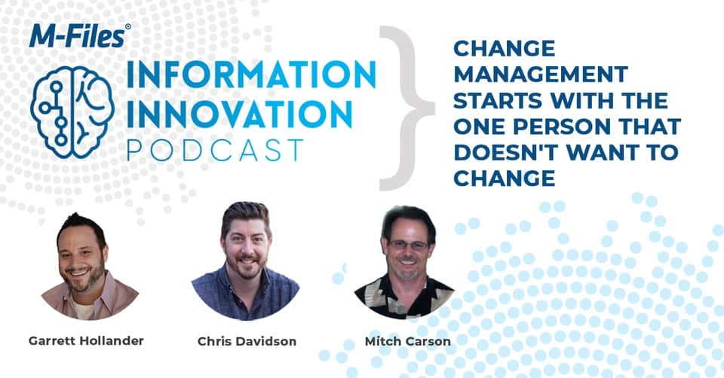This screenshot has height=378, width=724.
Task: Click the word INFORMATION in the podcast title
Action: (251, 75)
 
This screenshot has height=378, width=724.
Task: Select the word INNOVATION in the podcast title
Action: (239, 114)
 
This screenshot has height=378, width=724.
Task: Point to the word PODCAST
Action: (215, 151)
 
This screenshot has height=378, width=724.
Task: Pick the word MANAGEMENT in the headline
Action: (541, 75)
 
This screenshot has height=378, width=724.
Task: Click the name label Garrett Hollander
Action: (86, 340)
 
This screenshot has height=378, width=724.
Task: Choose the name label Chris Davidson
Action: (247, 341)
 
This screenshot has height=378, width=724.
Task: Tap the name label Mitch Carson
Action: (408, 341)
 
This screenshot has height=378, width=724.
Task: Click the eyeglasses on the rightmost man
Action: (408, 245)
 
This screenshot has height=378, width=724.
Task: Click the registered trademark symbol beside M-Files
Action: (128, 27)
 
